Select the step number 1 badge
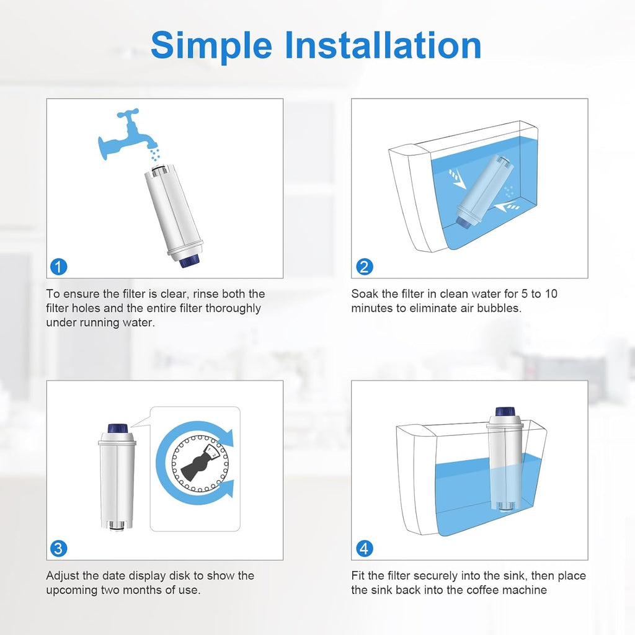point(58,267)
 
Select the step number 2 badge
point(365,267)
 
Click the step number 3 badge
point(58,548)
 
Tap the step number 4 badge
point(365,548)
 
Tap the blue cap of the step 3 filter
point(117,429)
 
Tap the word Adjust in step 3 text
point(63,575)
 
